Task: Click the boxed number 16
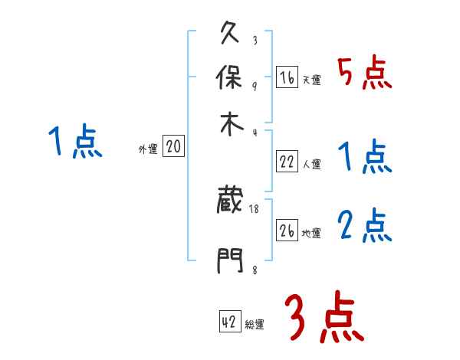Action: tap(287, 77)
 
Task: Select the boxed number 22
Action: tap(287, 162)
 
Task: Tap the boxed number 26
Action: tap(287, 231)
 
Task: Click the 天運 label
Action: tap(311, 80)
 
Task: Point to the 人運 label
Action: tap(311, 164)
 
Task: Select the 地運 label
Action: tap(311, 233)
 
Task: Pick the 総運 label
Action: tap(255, 325)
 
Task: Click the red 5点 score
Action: tap(364, 74)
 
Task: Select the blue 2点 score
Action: tap(364, 226)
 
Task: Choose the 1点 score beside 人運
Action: tap(364, 157)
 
